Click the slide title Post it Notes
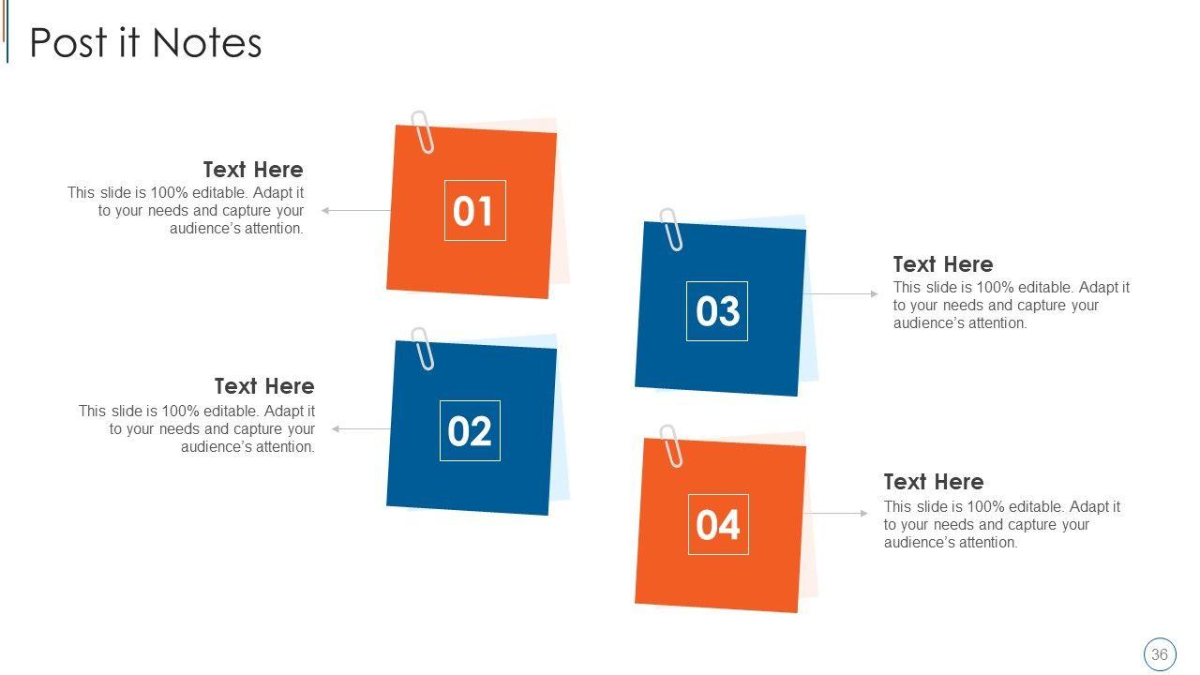tap(145, 43)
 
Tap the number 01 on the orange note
tap(472, 211)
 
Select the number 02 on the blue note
tap(470, 431)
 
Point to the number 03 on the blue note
tap(717, 311)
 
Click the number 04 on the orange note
tap(718, 525)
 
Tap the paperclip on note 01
tap(423, 132)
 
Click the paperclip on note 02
tap(423, 349)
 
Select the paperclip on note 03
tap(671, 230)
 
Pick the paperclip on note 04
tap(671, 445)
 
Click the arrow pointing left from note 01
tap(355, 211)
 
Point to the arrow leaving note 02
tap(361, 428)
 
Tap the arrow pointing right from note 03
tap(841, 293)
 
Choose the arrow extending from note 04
tap(835, 513)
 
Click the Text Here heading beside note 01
tap(253, 170)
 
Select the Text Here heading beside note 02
tap(264, 386)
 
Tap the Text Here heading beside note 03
tap(943, 264)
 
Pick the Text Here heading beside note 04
tap(934, 482)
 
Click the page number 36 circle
tap(1160, 654)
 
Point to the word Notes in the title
tap(207, 43)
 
